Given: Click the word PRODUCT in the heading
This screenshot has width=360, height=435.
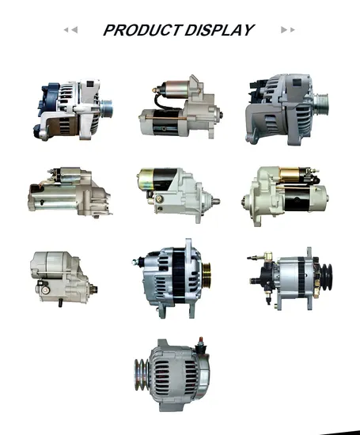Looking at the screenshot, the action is pyautogui.click(x=142, y=30).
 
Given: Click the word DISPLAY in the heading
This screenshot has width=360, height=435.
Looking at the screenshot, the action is pyautogui.click(x=219, y=30).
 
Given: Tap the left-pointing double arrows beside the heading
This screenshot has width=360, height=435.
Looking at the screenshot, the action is pyautogui.click(x=70, y=30).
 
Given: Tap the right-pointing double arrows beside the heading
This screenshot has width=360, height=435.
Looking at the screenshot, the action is pyautogui.click(x=287, y=30).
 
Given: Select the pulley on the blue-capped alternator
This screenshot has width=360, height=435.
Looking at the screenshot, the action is pyautogui.click(x=106, y=108).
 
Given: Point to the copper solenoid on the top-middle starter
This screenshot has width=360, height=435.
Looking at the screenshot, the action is pyautogui.click(x=176, y=89).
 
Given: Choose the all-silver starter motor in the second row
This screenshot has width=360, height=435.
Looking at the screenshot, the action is pyautogui.click(x=70, y=192).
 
